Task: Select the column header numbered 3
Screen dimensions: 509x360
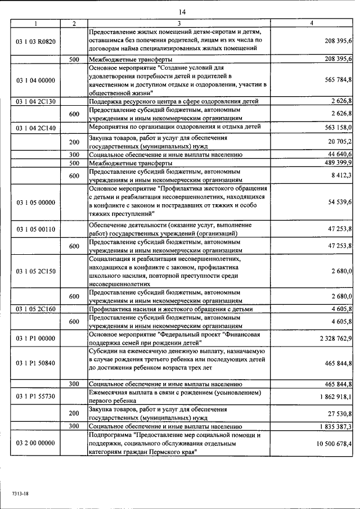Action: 179,24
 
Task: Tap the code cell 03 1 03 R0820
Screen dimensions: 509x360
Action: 36,41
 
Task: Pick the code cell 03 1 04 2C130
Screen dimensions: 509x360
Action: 36,102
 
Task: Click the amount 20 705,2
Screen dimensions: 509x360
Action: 339,141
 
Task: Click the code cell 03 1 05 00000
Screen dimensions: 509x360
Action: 36,202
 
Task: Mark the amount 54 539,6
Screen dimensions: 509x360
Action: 339,202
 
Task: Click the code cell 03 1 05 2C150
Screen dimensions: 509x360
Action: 36,271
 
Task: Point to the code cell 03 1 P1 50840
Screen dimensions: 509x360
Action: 36,363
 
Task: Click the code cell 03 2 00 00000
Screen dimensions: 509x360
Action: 36,443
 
